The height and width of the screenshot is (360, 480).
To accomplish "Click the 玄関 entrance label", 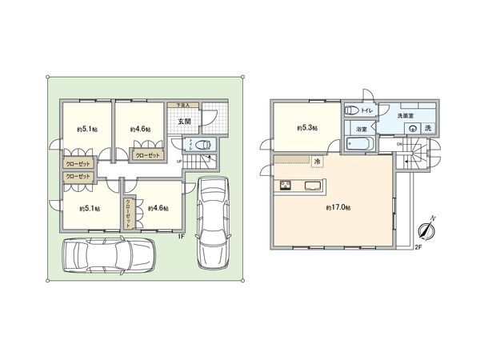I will pos(184,121).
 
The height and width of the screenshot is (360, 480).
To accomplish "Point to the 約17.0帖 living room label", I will pos(336,207).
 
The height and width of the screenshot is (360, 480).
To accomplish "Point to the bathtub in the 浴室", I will pos(360,145).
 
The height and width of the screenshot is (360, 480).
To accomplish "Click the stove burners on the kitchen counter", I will pos(285,188).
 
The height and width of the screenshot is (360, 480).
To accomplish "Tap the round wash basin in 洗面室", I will pos(414,129).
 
